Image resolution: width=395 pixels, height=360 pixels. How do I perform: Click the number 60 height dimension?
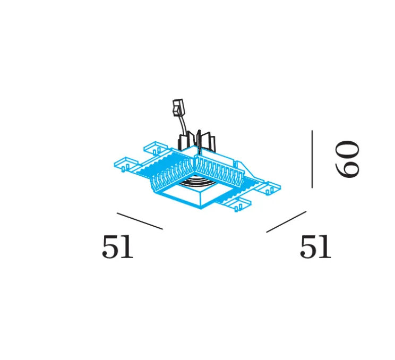348,159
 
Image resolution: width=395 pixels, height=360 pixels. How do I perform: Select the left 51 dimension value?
117,248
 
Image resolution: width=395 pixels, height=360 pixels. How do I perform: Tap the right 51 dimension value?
315,248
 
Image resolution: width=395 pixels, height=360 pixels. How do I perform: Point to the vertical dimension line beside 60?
312,159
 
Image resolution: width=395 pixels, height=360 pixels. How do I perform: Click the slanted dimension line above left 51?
140,221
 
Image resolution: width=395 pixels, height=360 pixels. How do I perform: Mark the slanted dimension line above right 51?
286,221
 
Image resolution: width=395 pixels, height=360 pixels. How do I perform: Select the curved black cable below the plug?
183,127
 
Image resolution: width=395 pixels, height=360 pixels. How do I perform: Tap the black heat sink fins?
199,141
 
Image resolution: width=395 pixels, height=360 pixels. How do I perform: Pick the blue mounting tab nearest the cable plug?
156,147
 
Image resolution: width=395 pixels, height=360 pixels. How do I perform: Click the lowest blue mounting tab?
242,203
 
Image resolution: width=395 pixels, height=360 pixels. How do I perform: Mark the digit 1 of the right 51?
324,248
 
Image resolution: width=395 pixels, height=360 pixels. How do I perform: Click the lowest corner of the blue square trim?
201,208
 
